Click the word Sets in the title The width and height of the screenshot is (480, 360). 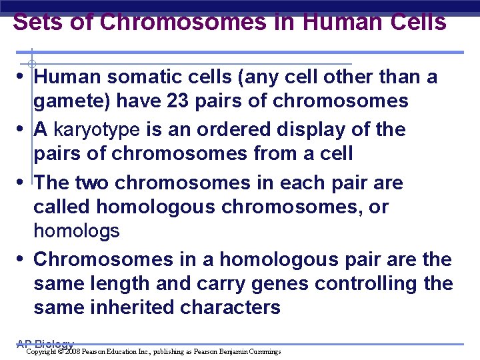37,22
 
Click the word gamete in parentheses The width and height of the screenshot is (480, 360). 69,101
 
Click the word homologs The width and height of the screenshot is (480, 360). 77,231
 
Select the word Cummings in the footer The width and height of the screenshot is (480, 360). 264,351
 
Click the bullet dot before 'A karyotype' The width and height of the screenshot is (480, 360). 24,129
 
